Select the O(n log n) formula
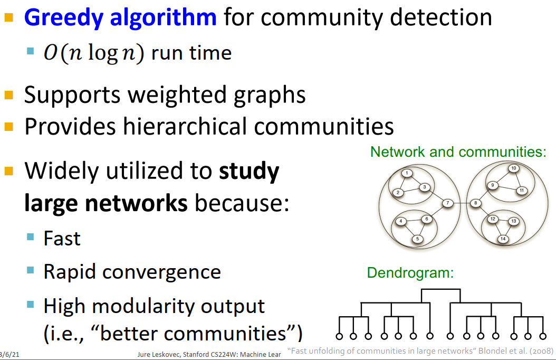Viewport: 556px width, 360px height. [93, 53]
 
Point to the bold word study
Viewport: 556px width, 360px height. [248, 172]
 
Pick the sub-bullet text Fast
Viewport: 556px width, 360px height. [62, 239]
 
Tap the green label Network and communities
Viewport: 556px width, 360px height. [457, 152]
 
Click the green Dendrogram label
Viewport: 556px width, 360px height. [410, 273]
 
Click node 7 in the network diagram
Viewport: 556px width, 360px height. [447, 203]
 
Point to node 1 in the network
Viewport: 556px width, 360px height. [407, 173]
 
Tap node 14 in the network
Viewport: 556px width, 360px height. [503, 239]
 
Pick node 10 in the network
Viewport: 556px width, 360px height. [513, 168]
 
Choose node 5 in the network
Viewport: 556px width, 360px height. [417, 239]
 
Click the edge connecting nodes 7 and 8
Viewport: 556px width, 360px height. [461, 203]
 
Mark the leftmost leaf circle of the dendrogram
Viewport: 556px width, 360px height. [339, 336]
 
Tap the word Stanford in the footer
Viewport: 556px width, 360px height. [197, 354]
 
